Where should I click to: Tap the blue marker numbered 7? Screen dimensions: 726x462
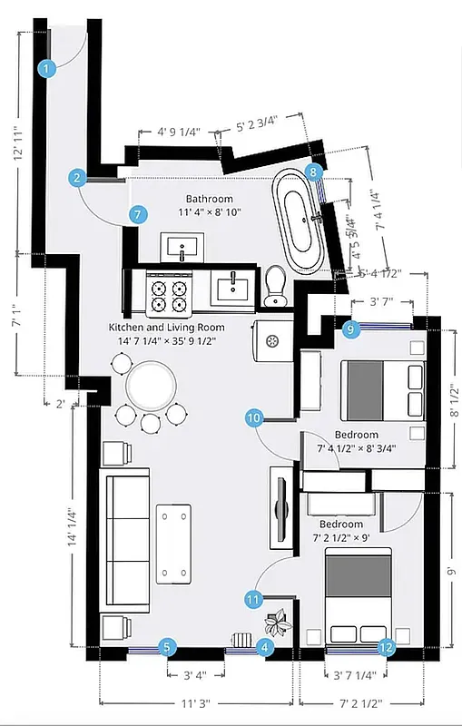coord(137,215)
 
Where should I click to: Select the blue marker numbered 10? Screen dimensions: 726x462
coord(254,417)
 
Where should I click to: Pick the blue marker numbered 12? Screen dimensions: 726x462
coord(387,647)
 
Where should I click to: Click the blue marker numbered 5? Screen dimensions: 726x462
coord(167,647)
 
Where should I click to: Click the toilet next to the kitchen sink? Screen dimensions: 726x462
coord(275,287)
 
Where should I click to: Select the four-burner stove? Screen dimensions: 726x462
coord(167,294)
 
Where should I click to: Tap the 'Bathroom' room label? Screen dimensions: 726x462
coord(210,199)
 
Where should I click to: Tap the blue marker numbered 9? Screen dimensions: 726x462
coord(352,329)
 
